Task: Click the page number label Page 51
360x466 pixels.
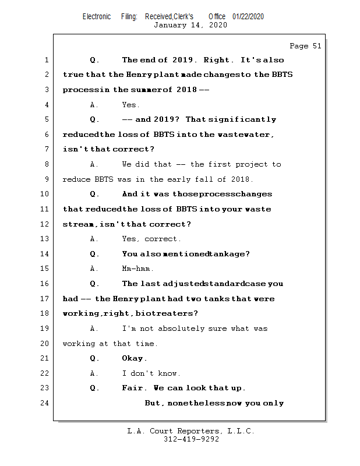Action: pyautogui.click(x=305, y=46)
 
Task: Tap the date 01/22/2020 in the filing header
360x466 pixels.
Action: pyautogui.click(x=248, y=16)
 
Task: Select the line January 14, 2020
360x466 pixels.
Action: pyautogui.click(x=190, y=25)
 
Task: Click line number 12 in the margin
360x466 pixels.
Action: pyautogui.click(x=45, y=224)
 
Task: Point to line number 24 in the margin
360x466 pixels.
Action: pyautogui.click(x=45, y=403)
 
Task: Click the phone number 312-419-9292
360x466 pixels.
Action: pyautogui.click(x=191, y=440)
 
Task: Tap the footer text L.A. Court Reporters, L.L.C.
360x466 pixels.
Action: pyautogui.click(x=190, y=431)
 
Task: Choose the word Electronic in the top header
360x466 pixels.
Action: pyautogui.click(x=97, y=16)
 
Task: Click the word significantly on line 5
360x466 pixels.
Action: pyautogui.click(x=242, y=119)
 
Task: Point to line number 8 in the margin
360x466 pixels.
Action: pyautogui.click(x=45, y=165)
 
